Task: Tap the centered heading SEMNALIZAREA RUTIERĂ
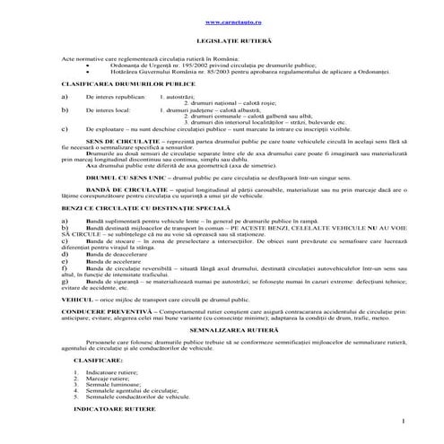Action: point(222,329)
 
